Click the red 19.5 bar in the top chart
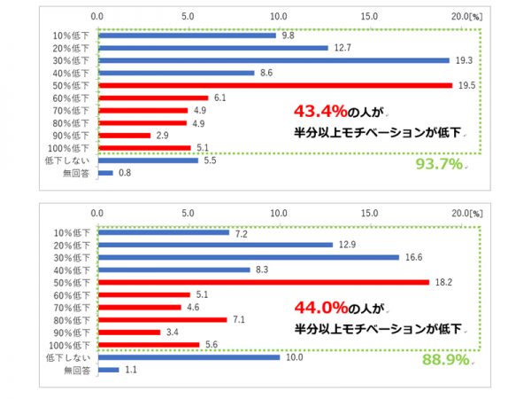(274, 85)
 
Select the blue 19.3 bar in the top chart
(273, 60)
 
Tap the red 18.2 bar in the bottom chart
(263, 282)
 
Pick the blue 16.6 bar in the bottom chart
(248, 257)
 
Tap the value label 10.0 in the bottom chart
(293, 357)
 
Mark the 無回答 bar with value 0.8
(105, 173)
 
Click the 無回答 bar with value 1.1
(107, 370)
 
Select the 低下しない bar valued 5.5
(148, 160)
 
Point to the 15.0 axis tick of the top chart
(370, 16)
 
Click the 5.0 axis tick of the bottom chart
(188, 213)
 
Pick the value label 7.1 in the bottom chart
(240, 319)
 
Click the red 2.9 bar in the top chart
(124, 135)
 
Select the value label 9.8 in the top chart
(289, 35)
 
